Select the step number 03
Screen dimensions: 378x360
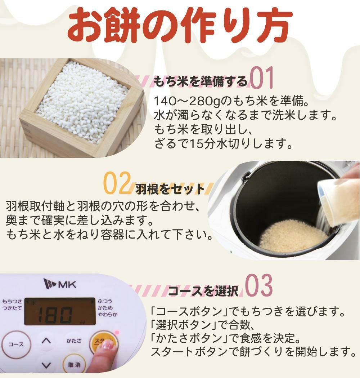click(x=258, y=287)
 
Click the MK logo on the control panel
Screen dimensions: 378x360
click(x=59, y=284)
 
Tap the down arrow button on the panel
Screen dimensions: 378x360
click(x=46, y=365)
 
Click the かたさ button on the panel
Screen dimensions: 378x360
click(x=74, y=341)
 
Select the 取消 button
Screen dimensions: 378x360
click(x=74, y=365)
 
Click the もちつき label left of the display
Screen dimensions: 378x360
click(x=12, y=301)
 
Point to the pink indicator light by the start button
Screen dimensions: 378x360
click(x=116, y=332)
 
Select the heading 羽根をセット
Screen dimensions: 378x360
click(x=170, y=188)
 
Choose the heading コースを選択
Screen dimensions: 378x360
click(x=203, y=291)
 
